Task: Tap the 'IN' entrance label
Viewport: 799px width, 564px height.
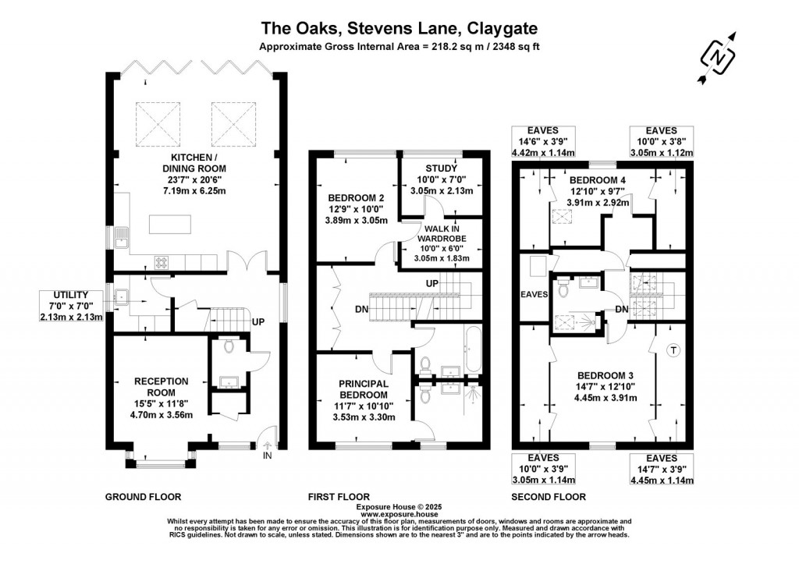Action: point(268,455)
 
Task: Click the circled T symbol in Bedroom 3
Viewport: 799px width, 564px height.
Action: point(673,351)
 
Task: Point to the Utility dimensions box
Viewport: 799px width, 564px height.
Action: point(71,307)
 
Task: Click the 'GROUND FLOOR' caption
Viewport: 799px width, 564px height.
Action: point(143,496)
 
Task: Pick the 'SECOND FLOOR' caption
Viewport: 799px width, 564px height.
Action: point(548,496)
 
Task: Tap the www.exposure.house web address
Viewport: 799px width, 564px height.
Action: point(399,514)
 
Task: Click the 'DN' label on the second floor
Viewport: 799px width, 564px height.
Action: point(621,309)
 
